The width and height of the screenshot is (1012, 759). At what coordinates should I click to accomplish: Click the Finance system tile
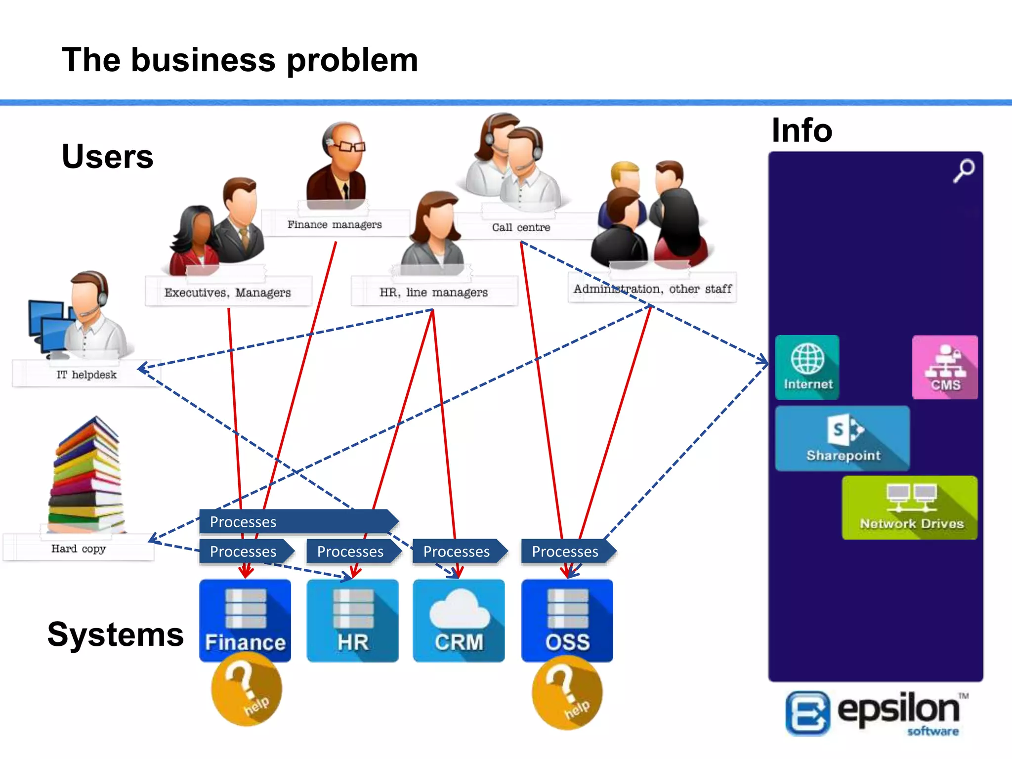point(245,620)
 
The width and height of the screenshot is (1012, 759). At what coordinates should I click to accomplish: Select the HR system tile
point(352,620)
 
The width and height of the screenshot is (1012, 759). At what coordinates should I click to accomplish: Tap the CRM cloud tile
point(459,620)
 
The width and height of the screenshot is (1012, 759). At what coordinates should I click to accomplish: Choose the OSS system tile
point(567,620)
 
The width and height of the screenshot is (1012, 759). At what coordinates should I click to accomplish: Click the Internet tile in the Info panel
point(807,367)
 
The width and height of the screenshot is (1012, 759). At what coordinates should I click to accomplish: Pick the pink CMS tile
point(945,367)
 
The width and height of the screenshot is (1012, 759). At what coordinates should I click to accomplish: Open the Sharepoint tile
point(843,438)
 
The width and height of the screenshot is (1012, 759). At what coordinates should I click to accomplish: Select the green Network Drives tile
point(910,507)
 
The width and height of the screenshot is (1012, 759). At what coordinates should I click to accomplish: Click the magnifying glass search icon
point(964,170)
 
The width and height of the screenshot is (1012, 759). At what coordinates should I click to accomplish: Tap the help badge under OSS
point(567,693)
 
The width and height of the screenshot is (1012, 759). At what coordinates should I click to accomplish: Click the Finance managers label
point(335,225)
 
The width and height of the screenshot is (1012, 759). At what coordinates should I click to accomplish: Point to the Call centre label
point(521,227)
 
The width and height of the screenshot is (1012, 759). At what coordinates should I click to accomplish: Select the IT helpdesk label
point(86,375)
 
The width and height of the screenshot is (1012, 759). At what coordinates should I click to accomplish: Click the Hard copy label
point(79,548)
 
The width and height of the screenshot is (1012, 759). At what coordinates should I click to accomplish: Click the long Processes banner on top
point(296,521)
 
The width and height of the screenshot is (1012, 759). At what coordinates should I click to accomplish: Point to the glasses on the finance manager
point(352,146)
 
